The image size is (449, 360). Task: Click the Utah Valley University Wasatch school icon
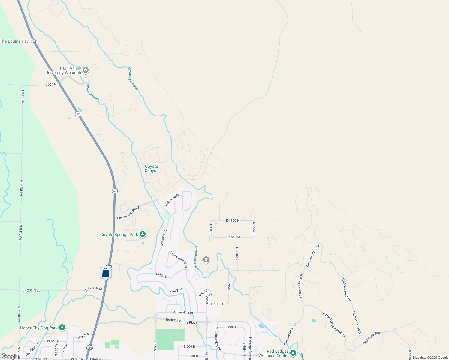click(86, 70)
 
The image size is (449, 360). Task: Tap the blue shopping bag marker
click(105, 273)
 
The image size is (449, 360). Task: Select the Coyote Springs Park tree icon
click(143, 234)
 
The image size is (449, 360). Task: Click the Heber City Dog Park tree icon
click(62, 328)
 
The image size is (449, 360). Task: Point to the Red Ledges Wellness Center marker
click(294, 353)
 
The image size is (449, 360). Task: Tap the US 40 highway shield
click(115, 191)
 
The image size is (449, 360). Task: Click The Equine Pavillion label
click(19, 41)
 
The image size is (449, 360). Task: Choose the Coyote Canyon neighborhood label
click(152, 168)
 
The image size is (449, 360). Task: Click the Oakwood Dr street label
click(172, 200)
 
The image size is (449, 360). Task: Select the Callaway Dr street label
click(164, 238)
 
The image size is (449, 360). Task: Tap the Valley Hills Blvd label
click(179, 259)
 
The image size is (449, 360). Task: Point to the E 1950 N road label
click(233, 220)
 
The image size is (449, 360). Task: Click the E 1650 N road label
click(233, 237)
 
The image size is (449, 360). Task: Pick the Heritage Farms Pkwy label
click(181, 321)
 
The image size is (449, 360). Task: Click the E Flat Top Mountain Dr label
click(334, 325)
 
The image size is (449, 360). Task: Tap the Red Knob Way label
click(372, 338)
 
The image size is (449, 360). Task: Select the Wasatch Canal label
click(92, 92)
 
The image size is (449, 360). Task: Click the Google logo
click(10, 356)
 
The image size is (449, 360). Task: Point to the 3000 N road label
click(51, 85)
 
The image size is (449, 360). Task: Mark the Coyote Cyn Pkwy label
click(128, 213)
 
